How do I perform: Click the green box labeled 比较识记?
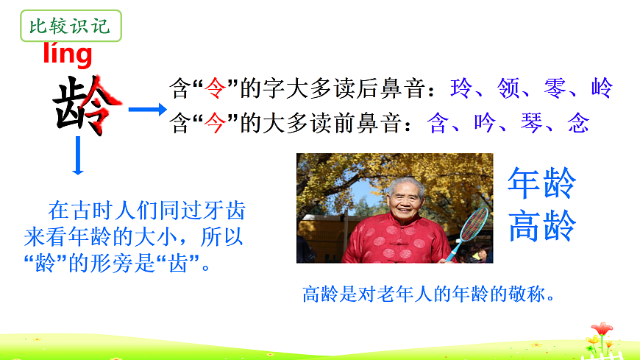click(x=69, y=28)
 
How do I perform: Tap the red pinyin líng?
click(x=68, y=54)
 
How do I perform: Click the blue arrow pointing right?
click(x=147, y=110)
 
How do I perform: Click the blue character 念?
click(x=578, y=122)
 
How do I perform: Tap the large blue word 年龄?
click(x=541, y=183)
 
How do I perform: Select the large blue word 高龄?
click(x=541, y=226)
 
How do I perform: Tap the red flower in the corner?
click(x=602, y=329)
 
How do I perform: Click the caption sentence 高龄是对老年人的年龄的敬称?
click(x=427, y=294)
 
